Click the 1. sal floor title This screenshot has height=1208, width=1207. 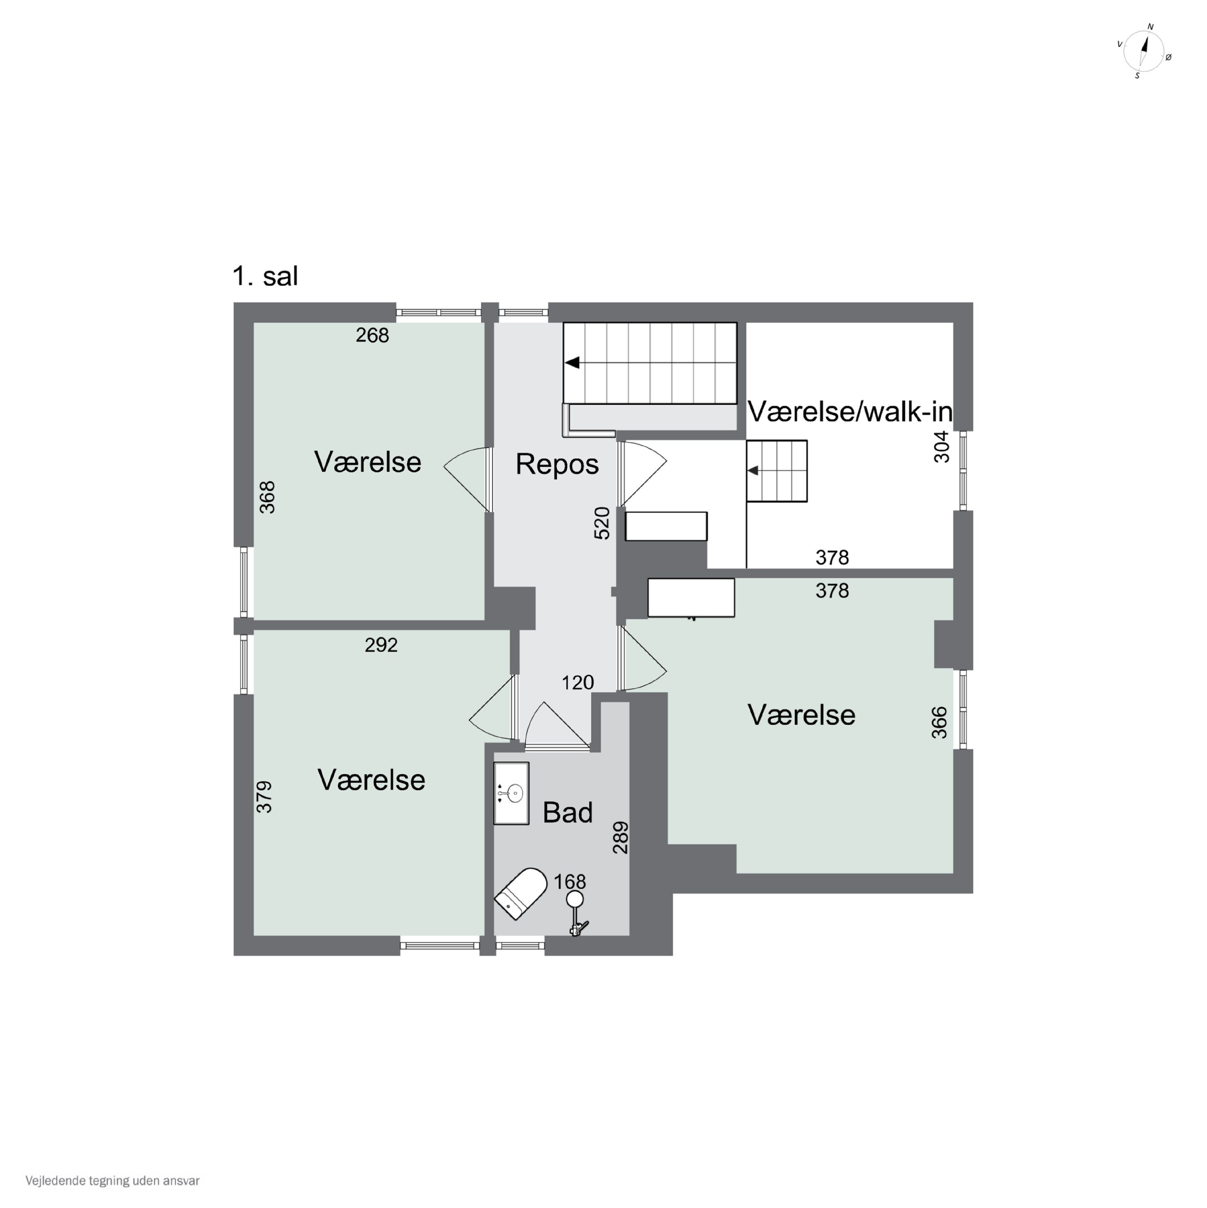[265, 276]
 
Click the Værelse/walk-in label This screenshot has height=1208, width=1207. [850, 412]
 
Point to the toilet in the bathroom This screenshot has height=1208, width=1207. [520, 894]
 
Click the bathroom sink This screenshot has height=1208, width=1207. [511, 793]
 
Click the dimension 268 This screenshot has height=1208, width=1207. [373, 336]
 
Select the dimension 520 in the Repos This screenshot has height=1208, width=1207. [601, 523]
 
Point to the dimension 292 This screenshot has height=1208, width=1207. [381, 645]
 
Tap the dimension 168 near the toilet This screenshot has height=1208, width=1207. [570, 881]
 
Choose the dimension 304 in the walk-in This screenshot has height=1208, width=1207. [941, 447]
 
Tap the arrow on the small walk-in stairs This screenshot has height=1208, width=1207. [753, 470]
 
